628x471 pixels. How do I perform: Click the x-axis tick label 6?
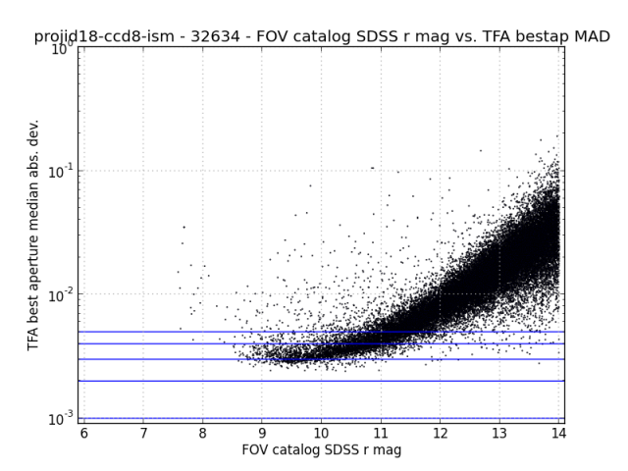click(83, 433)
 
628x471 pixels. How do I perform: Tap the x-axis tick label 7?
click(143, 433)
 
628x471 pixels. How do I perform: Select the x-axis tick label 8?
click(202, 433)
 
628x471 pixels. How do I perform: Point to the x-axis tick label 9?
click(262, 433)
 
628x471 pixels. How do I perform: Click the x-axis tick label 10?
click(321, 433)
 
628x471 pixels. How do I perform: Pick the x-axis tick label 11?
click(381, 433)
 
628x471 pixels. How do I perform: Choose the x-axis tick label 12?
click(440, 433)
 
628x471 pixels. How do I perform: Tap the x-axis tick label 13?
click(499, 433)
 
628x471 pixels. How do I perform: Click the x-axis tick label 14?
click(558, 433)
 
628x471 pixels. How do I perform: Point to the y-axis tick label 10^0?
click(61, 47)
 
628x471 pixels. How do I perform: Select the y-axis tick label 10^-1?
click(61, 171)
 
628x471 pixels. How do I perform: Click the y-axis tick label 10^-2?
click(61, 294)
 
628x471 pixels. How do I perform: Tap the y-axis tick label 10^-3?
click(61, 418)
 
